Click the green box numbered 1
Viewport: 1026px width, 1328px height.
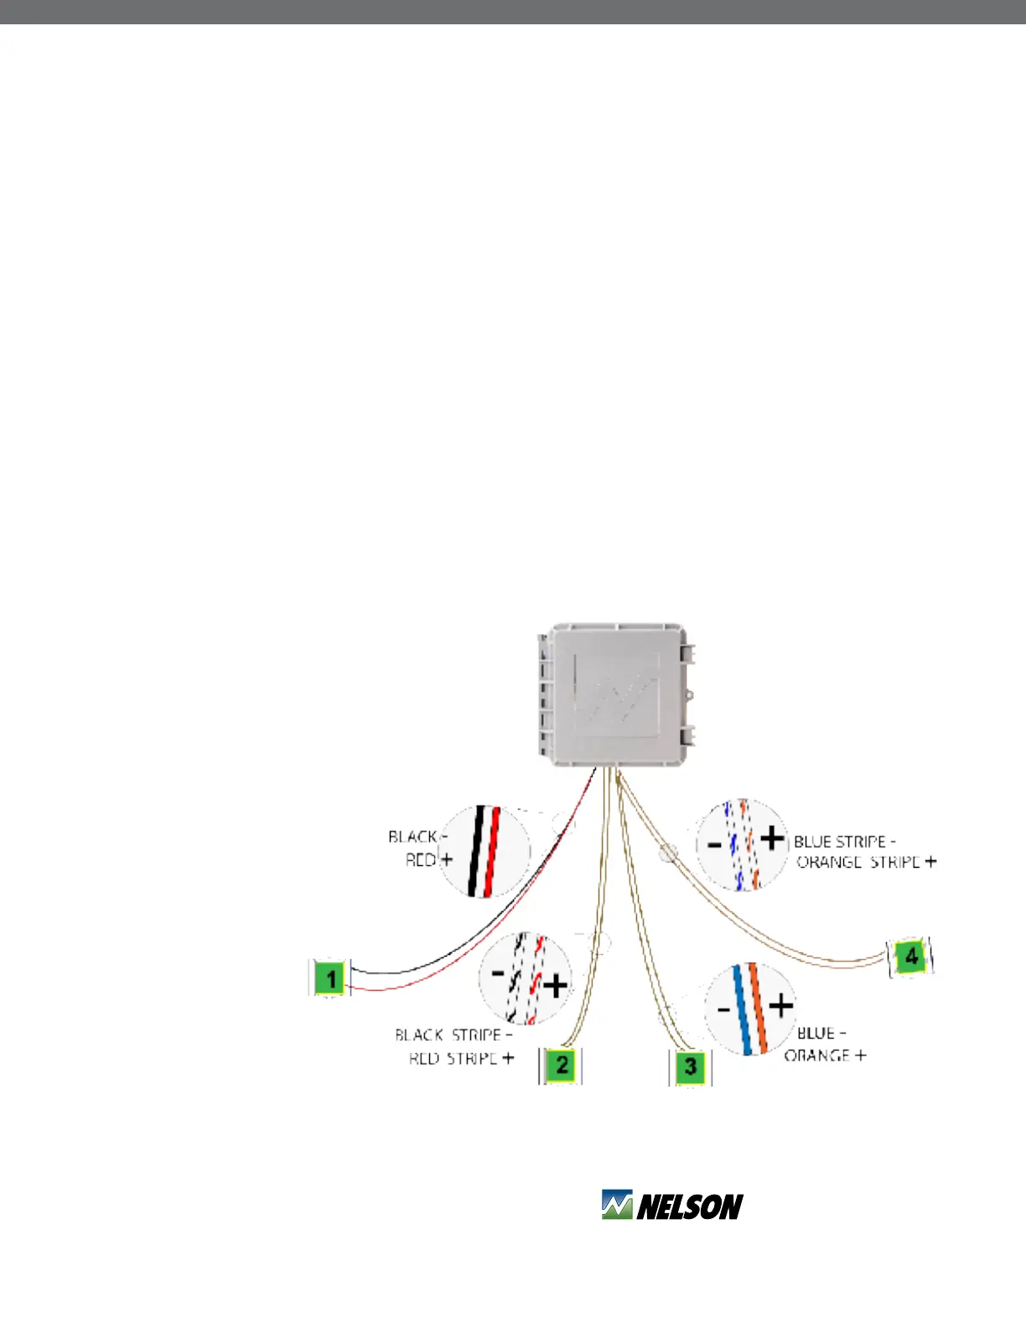pyautogui.click(x=331, y=978)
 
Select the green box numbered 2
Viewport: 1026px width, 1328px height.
pyautogui.click(x=561, y=1066)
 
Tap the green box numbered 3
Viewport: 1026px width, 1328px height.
pyautogui.click(x=690, y=1066)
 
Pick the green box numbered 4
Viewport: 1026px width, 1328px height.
pyautogui.click(x=910, y=957)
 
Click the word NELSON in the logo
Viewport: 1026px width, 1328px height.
pyautogui.click(x=690, y=1207)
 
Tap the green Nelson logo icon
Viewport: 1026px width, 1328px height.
pyautogui.click(x=617, y=1206)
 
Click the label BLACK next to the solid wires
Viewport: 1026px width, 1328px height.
pyautogui.click(x=412, y=837)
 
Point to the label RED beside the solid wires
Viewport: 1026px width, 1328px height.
pyautogui.click(x=421, y=860)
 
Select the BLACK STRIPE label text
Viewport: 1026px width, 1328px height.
pyautogui.click(x=448, y=1035)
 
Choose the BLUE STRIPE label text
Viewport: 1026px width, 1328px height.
pyautogui.click(x=840, y=842)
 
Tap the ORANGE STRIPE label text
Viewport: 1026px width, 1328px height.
pyautogui.click(x=858, y=863)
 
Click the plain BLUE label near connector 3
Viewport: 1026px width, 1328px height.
pyautogui.click(x=816, y=1034)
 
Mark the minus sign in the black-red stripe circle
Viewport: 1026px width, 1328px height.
pyautogui.click(x=497, y=973)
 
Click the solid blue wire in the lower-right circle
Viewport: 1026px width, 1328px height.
pyautogui.click(x=742, y=1009)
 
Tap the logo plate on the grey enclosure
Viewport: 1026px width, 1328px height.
pyautogui.click(x=617, y=694)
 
